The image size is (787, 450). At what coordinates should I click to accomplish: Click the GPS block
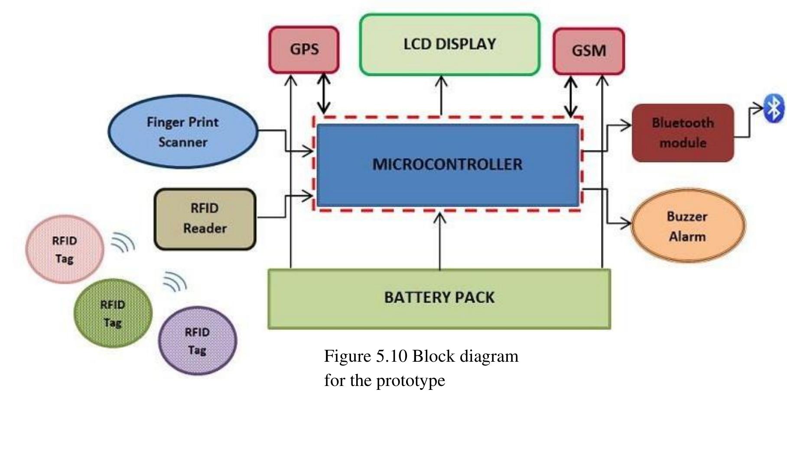point(304,49)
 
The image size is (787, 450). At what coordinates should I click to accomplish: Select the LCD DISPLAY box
point(449,45)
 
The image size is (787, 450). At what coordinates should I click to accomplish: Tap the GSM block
point(589,51)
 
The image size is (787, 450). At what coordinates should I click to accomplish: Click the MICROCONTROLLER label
point(447,164)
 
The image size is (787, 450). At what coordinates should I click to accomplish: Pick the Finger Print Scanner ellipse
point(183,132)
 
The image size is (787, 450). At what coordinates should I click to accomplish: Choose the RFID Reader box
point(205,219)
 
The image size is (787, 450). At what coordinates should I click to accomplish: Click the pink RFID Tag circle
point(65,249)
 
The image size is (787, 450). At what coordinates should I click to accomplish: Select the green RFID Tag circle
point(113,313)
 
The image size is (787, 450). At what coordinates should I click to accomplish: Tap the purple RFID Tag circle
point(197,341)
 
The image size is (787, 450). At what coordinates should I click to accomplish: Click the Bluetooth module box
point(683,133)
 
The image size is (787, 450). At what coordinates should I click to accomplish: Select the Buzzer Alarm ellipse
point(687,226)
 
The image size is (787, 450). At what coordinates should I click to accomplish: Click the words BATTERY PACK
point(439,298)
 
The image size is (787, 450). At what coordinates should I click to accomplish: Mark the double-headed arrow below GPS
point(324,94)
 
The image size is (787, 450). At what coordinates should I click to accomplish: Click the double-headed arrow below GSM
point(570,96)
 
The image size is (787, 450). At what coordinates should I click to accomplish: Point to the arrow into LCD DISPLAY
point(441,95)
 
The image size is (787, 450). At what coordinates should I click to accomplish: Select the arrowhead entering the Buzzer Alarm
point(626,224)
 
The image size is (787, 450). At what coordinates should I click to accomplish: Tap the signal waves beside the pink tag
point(123,242)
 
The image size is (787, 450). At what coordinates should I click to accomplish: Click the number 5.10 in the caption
point(391,357)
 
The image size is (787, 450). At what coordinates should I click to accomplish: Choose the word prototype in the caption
point(410,381)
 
